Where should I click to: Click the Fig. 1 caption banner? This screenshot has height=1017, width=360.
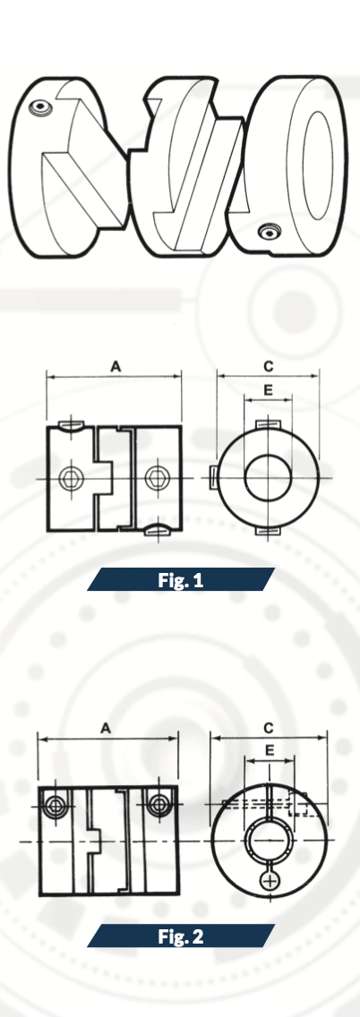180,579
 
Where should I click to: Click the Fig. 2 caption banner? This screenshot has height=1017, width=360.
180,936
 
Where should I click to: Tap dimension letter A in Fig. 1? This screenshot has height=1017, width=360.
116,366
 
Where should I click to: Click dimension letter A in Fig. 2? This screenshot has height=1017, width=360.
106,729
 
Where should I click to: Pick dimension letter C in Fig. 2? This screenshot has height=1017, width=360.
269,729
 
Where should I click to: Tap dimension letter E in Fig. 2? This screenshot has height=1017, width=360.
270,750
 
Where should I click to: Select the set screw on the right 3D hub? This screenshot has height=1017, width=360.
268,231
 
